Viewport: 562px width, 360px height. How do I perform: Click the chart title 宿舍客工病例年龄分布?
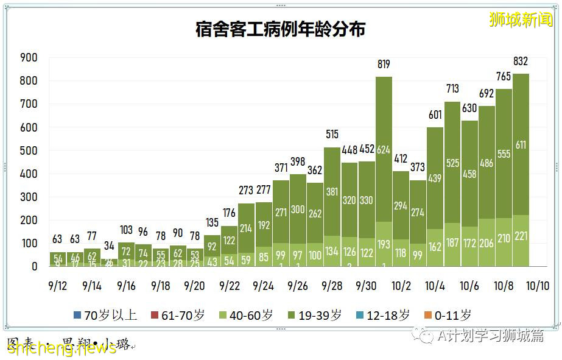pyautogui.click(x=280, y=29)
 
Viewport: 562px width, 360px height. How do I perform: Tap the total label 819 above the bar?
pyautogui.click(x=383, y=65)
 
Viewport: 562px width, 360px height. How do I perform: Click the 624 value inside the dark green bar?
pyautogui.click(x=383, y=149)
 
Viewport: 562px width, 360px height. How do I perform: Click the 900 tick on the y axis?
pyautogui.click(x=29, y=58)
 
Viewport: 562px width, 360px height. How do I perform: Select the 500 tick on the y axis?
pyautogui.click(x=29, y=150)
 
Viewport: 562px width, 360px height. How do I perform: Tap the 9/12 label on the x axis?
pyautogui.click(x=57, y=285)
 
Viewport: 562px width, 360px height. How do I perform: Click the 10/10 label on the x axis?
pyautogui.click(x=538, y=285)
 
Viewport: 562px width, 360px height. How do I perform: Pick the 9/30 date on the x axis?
pyautogui.click(x=366, y=285)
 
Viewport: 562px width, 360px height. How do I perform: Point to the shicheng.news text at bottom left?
pyautogui.click(x=61, y=348)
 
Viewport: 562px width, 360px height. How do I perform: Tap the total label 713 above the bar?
pyautogui.click(x=452, y=90)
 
